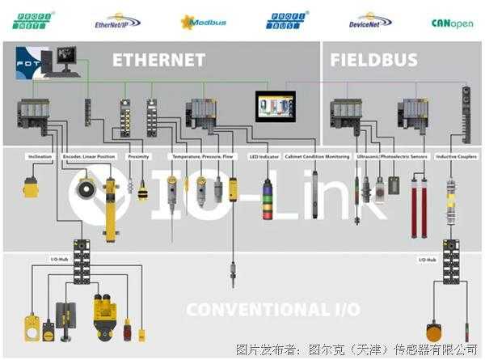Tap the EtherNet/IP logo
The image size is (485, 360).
117,19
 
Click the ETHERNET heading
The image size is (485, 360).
158,60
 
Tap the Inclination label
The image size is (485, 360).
40,156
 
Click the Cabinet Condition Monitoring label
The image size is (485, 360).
318,156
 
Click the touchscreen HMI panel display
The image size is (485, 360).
276,106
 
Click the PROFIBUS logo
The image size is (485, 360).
284,19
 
